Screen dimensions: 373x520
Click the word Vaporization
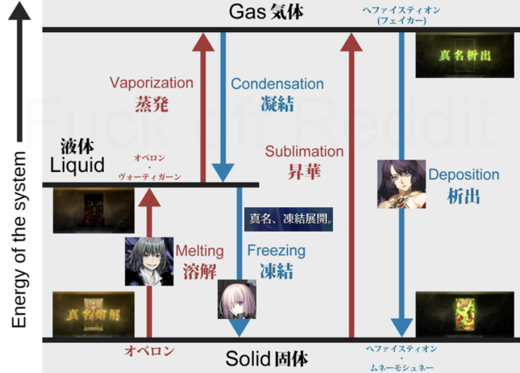tap(151, 83)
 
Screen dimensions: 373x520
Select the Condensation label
tap(277, 84)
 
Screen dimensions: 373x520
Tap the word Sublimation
tap(304, 152)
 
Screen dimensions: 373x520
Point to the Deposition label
tap(464, 175)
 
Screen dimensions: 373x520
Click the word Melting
tap(199, 250)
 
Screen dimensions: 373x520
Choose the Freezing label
tap(276, 250)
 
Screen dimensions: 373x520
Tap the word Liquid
tap(78, 166)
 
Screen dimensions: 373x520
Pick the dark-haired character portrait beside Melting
tap(149, 261)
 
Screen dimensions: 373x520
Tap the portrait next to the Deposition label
tap(402, 184)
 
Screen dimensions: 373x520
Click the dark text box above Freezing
tap(290, 218)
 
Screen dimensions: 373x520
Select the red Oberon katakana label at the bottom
tap(149, 351)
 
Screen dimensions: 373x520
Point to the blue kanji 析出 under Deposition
tap(463, 196)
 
